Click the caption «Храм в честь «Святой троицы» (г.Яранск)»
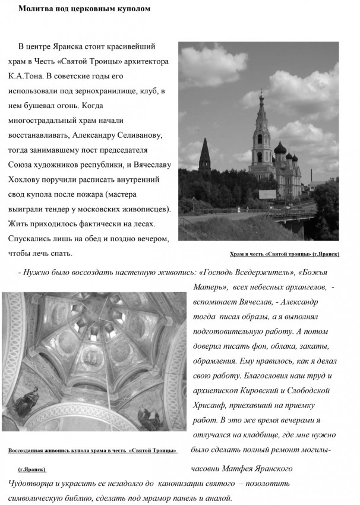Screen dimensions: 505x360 point(284,254)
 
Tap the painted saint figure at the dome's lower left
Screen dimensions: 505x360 point(26,401)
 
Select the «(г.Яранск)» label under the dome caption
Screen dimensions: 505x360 point(32,469)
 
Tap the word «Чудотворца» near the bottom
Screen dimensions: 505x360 point(30,483)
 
